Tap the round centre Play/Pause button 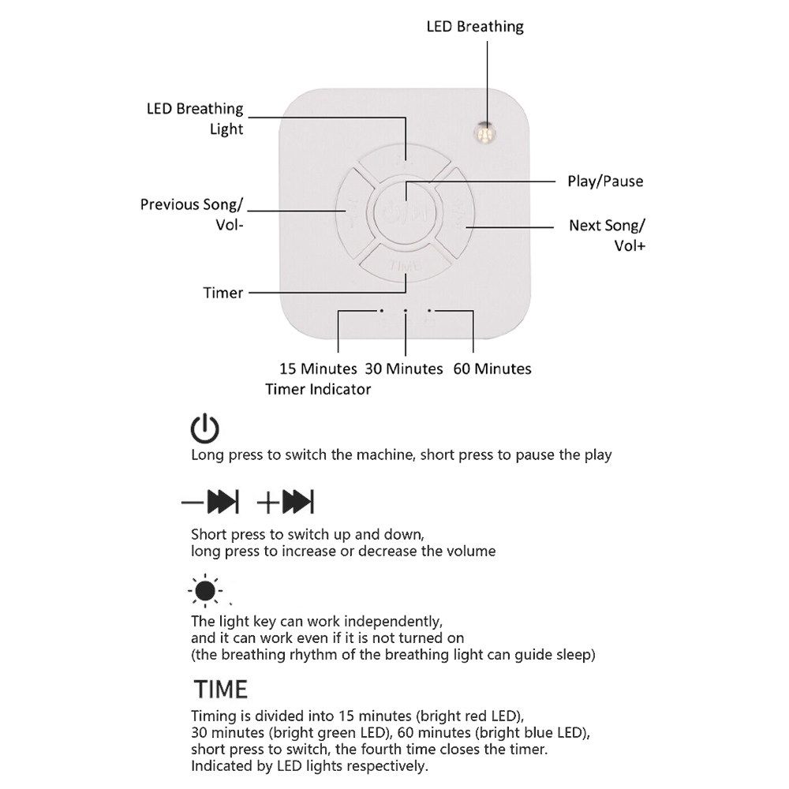tap(406, 211)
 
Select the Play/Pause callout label tap(605, 181)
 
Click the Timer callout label tap(223, 293)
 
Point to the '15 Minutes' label tap(318, 368)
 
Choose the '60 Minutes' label tap(492, 368)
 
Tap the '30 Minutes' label tap(404, 368)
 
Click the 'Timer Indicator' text tap(318, 389)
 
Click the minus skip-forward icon tap(211, 502)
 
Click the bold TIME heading tap(221, 689)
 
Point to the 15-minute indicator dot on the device tap(382, 312)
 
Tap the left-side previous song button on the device tap(352, 210)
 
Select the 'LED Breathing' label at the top tap(475, 27)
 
